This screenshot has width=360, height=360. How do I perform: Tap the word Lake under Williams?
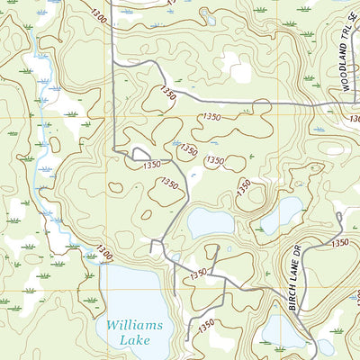(x=131, y=341)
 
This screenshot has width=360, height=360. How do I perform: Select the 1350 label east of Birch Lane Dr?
(x=339, y=243)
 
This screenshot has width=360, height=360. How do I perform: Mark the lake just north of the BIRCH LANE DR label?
(x=282, y=214)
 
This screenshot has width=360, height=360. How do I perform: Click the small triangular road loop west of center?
(x=139, y=155)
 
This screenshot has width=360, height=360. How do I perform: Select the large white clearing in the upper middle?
(x=236, y=66)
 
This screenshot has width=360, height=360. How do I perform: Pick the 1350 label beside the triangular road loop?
(x=150, y=165)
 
